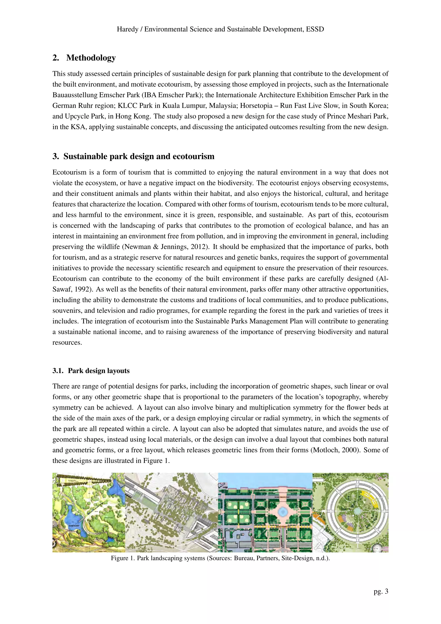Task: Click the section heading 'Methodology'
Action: tap(91, 58)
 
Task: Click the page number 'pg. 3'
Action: tap(381, 591)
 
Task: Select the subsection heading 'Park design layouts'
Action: tap(99, 371)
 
